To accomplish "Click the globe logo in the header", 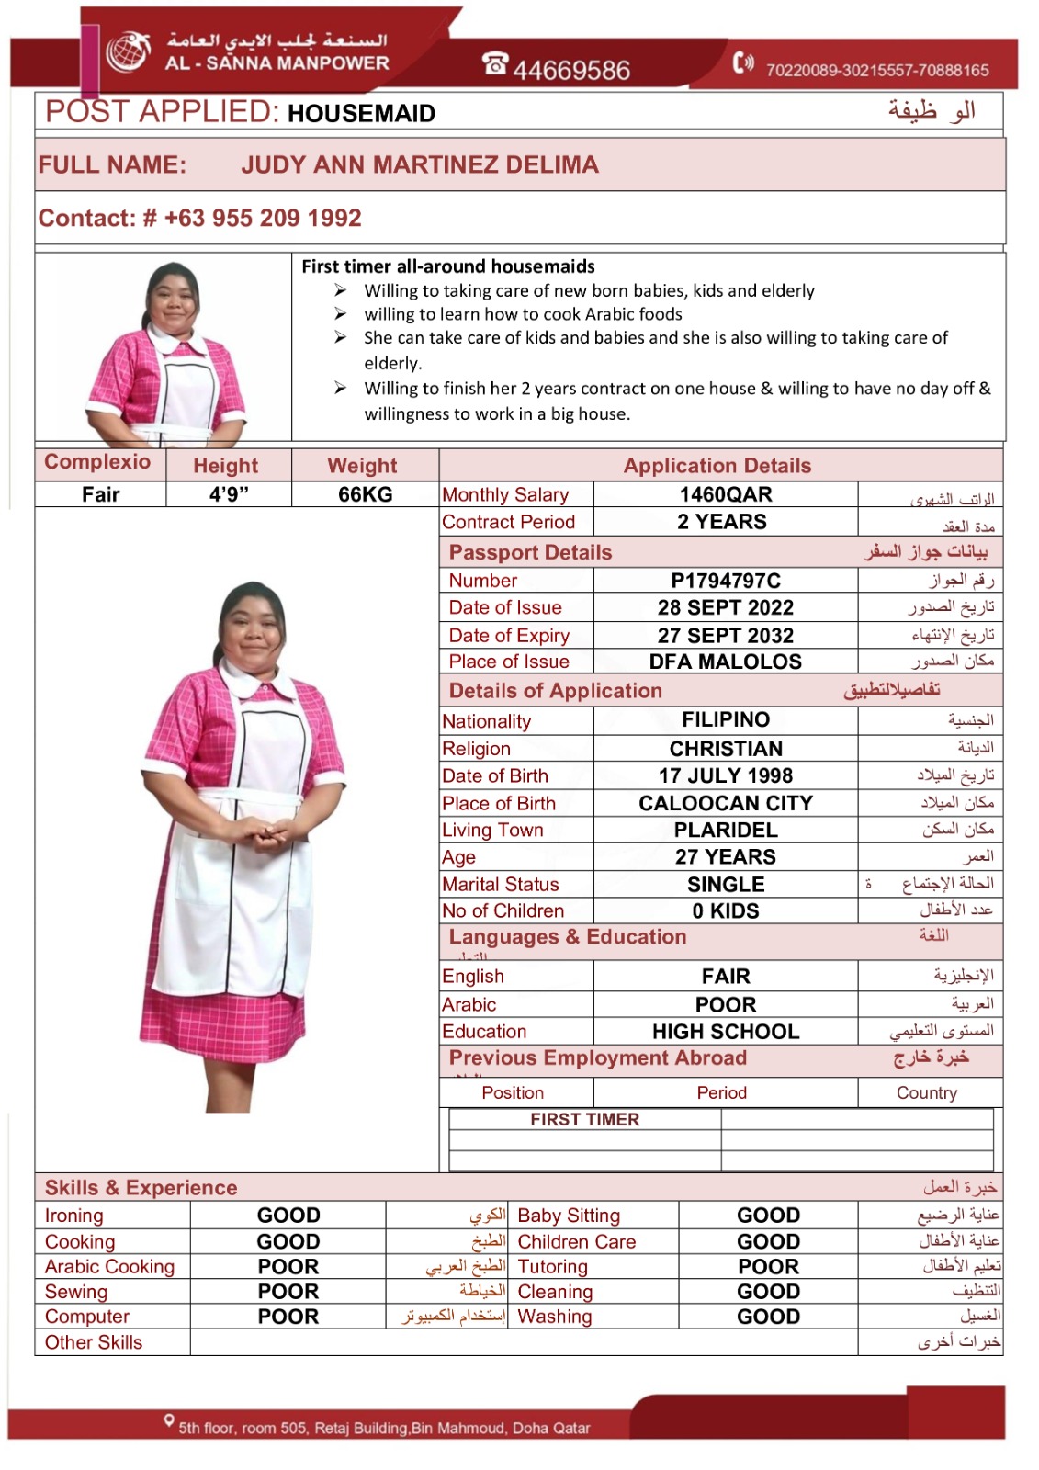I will click(128, 51).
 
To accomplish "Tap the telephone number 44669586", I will click(571, 70).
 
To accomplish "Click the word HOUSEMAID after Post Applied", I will click(361, 114).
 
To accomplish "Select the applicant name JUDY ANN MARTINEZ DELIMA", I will click(420, 165).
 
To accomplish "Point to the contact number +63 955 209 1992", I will click(263, 219).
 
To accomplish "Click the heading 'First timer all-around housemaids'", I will click(448, 266).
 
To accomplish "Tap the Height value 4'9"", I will click(229, 494).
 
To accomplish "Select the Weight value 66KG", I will click(365, 494).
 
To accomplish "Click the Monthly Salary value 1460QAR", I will click(726, 494).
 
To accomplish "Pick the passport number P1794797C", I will click(726, 581).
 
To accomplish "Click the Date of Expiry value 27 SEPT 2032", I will click(726, 635).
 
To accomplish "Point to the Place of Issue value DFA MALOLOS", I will click(726, 661).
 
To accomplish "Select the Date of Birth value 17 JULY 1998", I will click(726, 775).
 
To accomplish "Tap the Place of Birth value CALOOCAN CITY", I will click(726, 803).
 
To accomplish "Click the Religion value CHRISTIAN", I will click(726, 749).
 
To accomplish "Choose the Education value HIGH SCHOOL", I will click(726, 1032).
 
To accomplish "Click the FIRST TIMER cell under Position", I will click(585, 1119).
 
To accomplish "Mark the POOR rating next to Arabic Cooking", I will click(288, 1266).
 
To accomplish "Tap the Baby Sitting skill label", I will click(569, 1216).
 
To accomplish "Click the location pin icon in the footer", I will click(169, 1420).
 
